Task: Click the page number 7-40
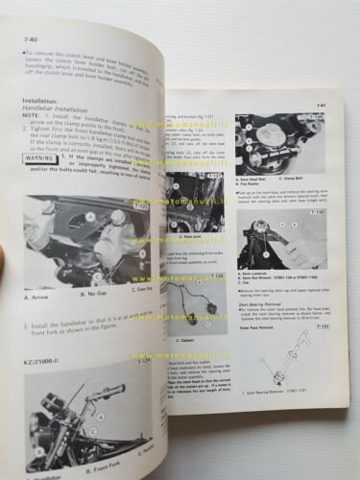(19, 38)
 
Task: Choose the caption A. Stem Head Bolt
(256, 178)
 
